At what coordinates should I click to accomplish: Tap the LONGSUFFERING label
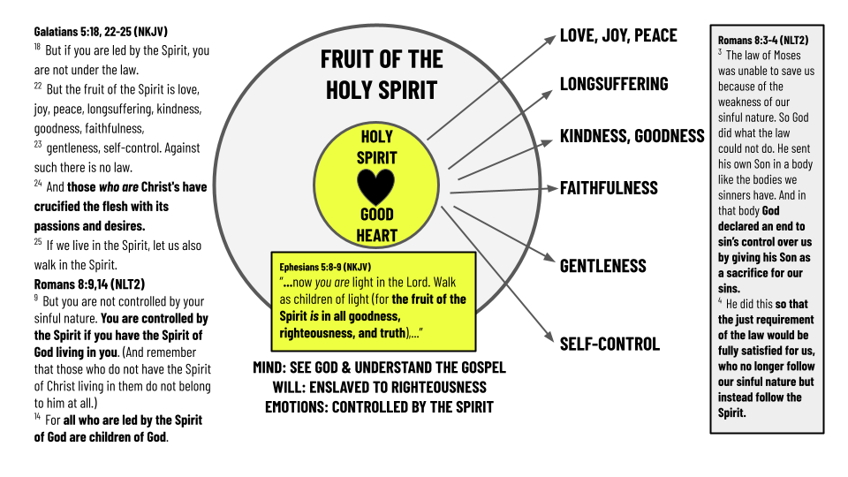pos(614,84)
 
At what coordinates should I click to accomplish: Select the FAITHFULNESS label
pos(609,187)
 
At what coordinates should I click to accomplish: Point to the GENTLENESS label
pos(603,266)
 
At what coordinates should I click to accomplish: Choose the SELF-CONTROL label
pos(609,344)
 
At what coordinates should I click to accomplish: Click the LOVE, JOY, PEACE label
pos(618,35)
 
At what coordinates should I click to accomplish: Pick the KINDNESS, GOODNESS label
pos(632,136)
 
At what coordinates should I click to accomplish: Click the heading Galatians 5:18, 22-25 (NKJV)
pos(103,32)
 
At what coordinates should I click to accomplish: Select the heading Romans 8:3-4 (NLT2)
pos(762,40)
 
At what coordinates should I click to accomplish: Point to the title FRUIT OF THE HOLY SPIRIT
pos(381,74)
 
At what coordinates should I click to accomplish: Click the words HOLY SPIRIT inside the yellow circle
pos(376,148)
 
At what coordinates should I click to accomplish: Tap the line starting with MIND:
pos(379,368)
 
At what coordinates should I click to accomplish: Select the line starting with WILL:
pos(379,388)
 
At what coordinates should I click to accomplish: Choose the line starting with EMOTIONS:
pos(379,407)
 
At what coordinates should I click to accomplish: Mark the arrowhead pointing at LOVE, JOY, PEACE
pos(553,38)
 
